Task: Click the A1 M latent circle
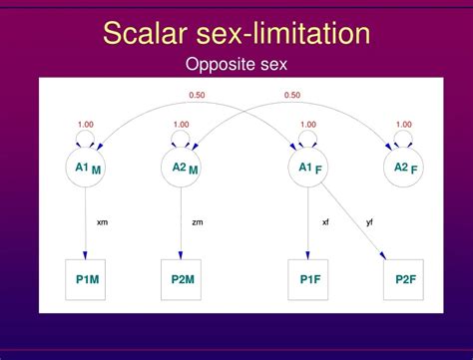pos(86,169)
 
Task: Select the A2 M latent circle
pos(181,169)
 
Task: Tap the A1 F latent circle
pos(307,169)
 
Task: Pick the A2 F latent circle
pos(402,169)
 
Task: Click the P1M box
pos(86,279)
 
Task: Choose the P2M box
pos(181,279)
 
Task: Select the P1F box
pos(307,279)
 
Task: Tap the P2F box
pos(402,279)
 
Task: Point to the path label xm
pos(102,221)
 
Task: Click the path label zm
pos(197,221)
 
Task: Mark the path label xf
pos(324,221)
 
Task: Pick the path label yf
pos(370,221)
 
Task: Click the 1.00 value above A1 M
pos(86,125)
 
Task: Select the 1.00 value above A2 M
pos(181,125)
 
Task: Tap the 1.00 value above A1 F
pos(307,125)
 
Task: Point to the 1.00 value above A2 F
pos(402,125)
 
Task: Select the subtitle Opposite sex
pos(236,66)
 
